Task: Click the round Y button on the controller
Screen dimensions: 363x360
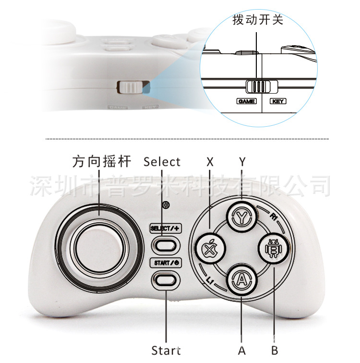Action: click(241, 216)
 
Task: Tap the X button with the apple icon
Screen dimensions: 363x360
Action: click(209, 249)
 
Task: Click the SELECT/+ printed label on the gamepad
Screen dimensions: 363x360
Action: click(165, 229)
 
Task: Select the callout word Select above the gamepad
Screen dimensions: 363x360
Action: click(162, 162)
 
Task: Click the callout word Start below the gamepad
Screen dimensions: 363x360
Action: click(166, 350)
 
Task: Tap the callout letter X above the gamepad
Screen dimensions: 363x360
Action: click(210, 162)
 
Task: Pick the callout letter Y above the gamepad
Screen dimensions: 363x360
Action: click(242, 162)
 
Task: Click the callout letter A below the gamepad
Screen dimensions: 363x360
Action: click(241, 350)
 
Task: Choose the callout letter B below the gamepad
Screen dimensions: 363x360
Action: click(274, 350)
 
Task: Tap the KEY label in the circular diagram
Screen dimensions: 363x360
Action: click(278, 101)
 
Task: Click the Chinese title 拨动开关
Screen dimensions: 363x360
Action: click(258, 21)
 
